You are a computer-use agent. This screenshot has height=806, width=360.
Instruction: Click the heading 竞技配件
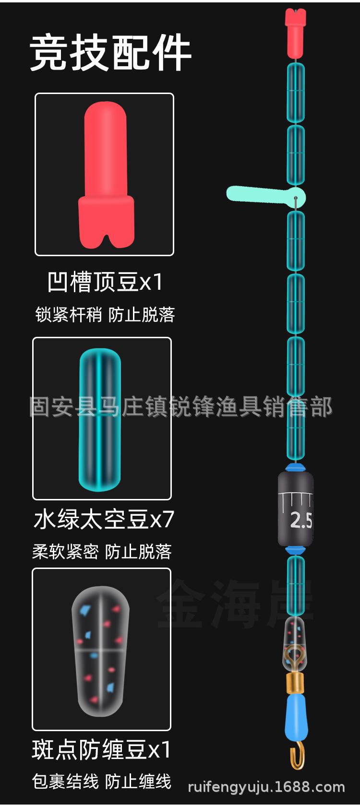tap(110, 53)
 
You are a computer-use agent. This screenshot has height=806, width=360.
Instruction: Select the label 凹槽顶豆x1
tap(105, 282)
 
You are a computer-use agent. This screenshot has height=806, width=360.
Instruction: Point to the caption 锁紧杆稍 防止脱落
tap(105, 315)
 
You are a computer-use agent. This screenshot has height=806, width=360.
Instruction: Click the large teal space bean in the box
tap(100, 419)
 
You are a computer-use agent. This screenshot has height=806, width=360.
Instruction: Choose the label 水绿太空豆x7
tap(104, 519)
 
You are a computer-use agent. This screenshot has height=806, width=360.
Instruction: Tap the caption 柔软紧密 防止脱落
tap(102, 552)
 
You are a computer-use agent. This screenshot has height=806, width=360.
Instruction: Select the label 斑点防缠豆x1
tap(101, 749)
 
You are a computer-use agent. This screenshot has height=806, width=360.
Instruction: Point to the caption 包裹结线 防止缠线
tap(102, 782)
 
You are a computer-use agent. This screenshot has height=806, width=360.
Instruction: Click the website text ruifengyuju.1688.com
tap(266, 787)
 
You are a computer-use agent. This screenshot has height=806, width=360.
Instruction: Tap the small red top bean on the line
tap(296, 33)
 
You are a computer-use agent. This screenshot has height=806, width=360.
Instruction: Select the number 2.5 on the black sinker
tap(301, 520)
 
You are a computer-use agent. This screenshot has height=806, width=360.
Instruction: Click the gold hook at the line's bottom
tap(298, 755)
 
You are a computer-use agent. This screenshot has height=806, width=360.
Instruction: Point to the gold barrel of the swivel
tap(295, 684)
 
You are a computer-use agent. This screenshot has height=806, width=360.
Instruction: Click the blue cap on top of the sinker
tap(296, 468)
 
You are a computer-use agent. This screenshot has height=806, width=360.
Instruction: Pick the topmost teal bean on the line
tap(296, 93)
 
